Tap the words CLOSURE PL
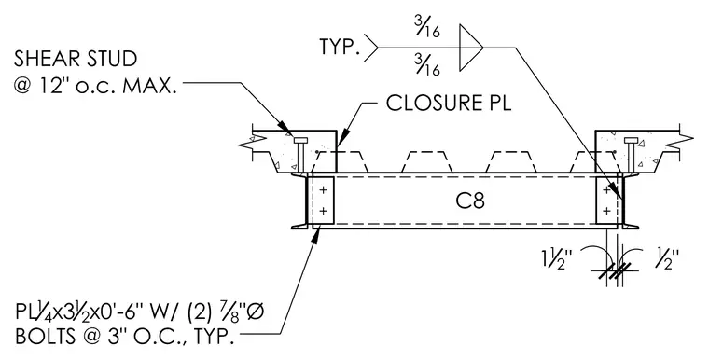coord(449,103)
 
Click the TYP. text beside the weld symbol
coord(340,47)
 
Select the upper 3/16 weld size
coord(427,28)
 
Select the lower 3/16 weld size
coord(427,65)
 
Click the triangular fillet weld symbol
coord(471,48)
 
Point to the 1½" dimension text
coord(557,259)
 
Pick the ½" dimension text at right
coord(667,259)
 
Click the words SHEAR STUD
coord(76,60)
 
